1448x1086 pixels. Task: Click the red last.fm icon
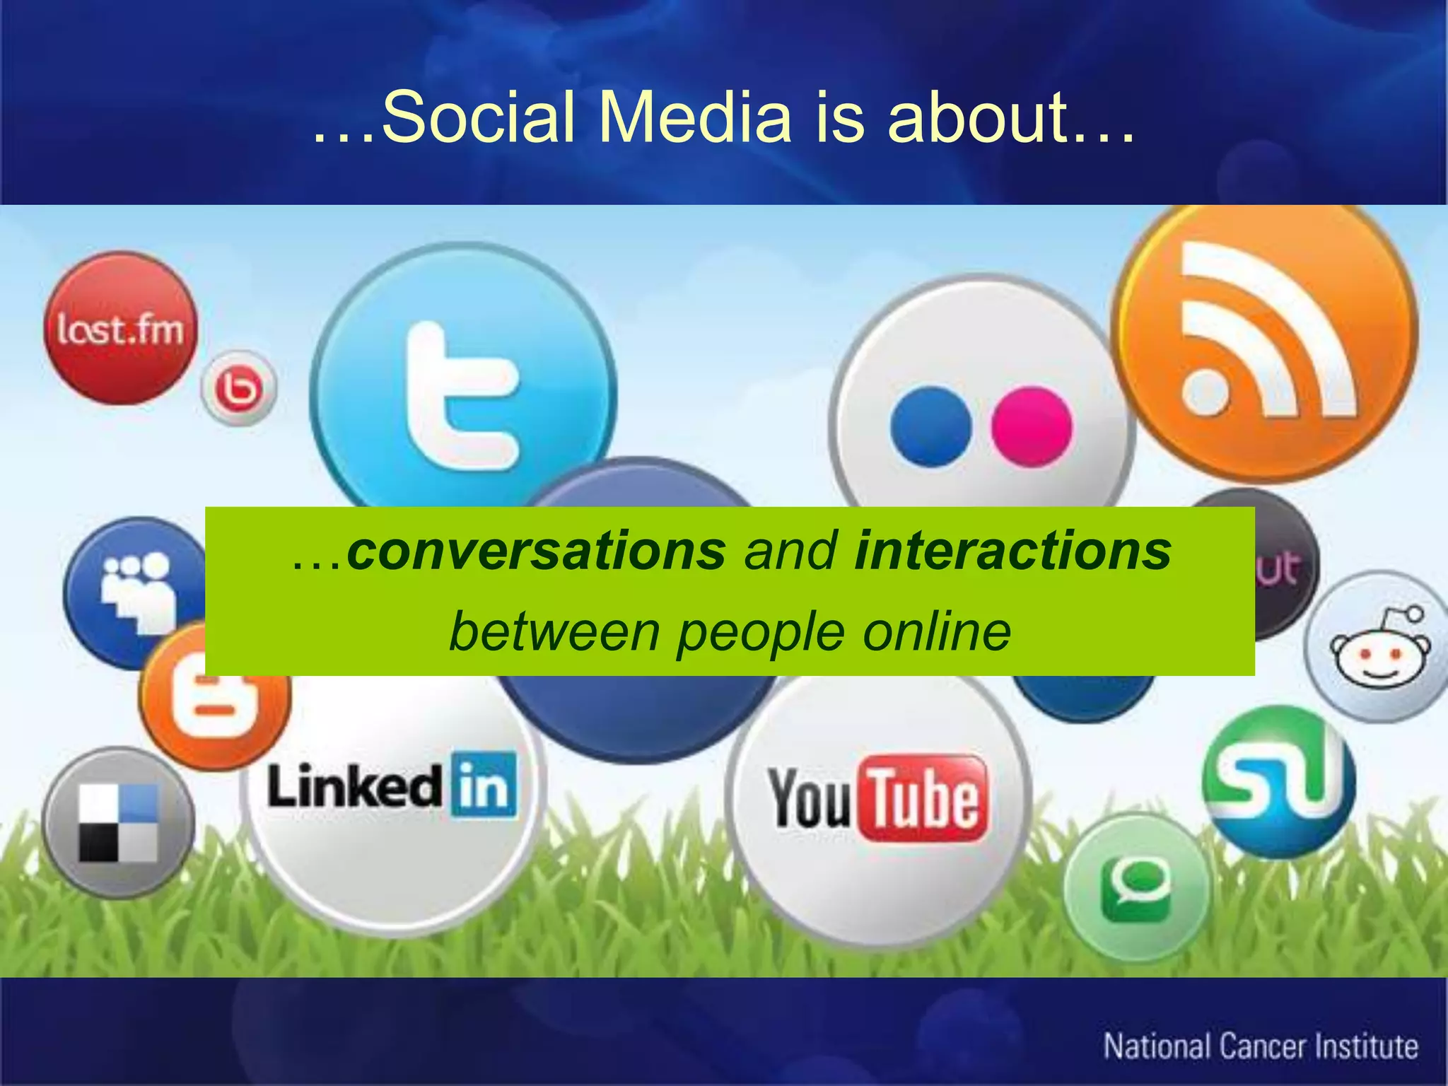[x=120, y=329]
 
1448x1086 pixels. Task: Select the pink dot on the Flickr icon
[x=1031, y=426]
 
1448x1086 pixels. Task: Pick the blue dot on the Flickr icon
[x=930, y=426]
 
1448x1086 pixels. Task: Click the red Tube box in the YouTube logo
[x=923, y=799]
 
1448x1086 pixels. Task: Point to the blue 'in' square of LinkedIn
[x=484, y=785]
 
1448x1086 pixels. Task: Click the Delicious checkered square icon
[x=118, y=822]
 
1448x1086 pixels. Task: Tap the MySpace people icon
[x=134, y=590]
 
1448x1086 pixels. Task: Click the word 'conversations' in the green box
[x=536, y=551]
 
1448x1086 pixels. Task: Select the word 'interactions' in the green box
[x=1012, y=551]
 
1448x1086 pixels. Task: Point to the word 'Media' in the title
[x=695, y=117]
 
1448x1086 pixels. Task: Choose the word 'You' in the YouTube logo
[x=810, y=799]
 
